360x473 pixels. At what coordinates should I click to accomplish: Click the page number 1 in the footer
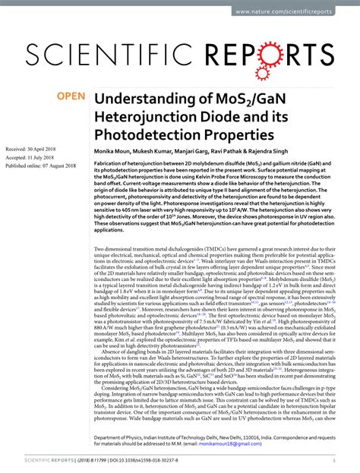349,462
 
